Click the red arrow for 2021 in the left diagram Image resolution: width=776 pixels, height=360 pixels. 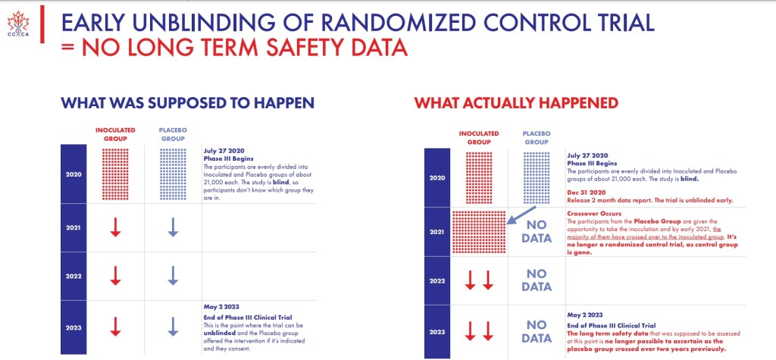pos(115,227)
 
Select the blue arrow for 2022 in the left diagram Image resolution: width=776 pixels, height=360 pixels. pos(173,275)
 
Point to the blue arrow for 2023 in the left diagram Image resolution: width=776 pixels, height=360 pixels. pos(173,326)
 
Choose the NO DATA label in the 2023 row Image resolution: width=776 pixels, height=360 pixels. pos(537,330)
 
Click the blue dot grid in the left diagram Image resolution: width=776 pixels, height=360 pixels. pos(173,174)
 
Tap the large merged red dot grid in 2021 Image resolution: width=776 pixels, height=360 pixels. pos(478,231)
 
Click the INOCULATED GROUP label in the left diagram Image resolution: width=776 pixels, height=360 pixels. pos(115,133)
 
